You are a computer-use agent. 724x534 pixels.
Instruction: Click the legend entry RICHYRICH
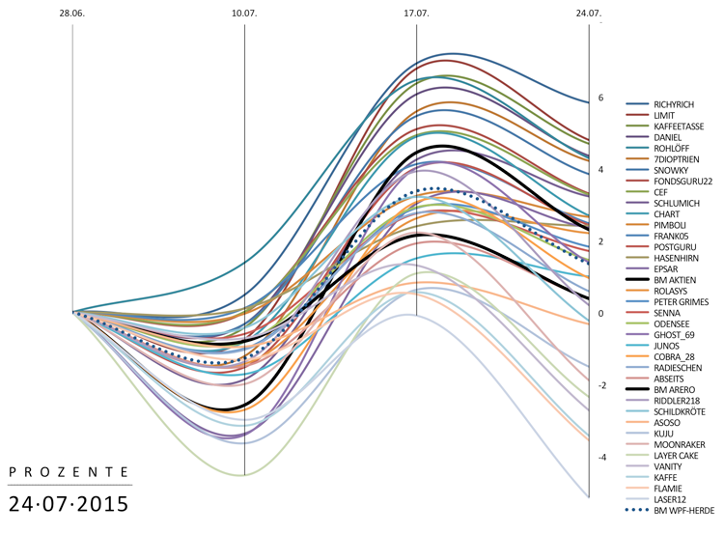coord(675,103)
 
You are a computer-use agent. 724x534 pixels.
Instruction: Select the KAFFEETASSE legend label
coord(679,126)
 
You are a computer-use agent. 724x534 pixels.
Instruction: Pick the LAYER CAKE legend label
coord(676,452)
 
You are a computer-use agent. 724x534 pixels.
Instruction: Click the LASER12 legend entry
coord(670,498)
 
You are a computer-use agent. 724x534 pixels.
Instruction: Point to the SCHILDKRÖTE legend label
coord(679,409)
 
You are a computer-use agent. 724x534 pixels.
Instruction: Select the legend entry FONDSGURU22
coord(682,181)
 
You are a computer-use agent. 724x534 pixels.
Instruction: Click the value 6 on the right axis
coord(600,98)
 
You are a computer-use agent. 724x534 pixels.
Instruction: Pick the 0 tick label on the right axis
coord(600,314)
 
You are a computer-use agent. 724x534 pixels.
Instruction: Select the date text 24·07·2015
coord(68,503)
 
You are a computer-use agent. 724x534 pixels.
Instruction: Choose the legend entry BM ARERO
coord(673,390)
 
